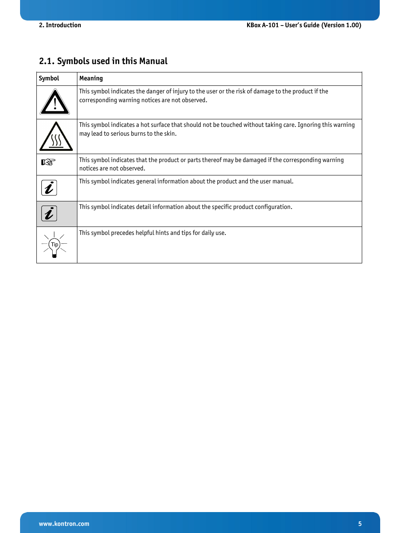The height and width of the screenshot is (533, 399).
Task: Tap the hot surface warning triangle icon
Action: [x=56, y=137]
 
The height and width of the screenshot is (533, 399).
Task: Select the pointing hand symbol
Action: [x=48, y=162]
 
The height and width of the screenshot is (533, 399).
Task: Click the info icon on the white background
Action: [x=49, y=188]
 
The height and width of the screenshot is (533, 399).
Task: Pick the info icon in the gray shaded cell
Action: [x=49, y=214]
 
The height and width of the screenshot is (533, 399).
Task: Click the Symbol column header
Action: [x=49, y=78]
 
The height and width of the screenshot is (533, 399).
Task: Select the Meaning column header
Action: [x=91, y=78]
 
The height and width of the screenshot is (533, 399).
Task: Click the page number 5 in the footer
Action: [x=360, y=524]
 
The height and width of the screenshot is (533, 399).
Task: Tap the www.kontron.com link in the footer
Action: [x=64, y=524]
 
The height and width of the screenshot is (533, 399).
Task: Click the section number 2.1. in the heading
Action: [x=47, y=61]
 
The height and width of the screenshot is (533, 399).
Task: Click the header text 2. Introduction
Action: [x=60, y=25]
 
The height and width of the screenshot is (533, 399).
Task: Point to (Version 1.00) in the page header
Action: [x=341, y=25]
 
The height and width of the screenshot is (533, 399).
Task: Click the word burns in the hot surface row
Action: [x=137, y=134]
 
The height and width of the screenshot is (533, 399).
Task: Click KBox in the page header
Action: [x=253, y=25]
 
